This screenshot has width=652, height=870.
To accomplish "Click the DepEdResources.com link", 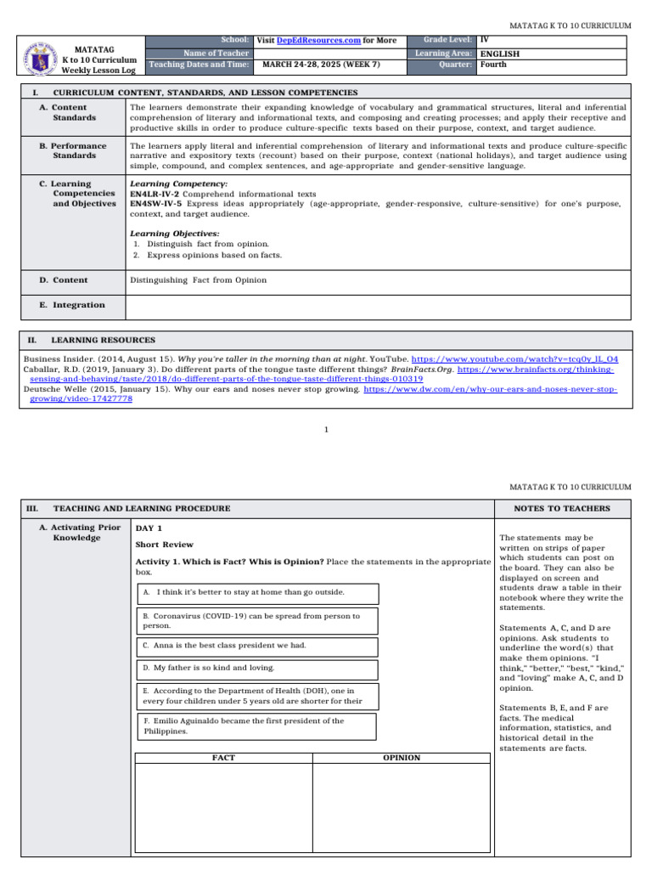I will (313, 41).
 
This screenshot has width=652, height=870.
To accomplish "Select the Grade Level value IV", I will (484, 40).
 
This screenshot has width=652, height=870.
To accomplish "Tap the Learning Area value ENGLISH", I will (499, 54).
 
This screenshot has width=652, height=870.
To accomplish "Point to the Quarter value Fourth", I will (495, 65).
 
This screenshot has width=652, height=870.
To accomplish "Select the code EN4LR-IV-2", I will (155, 194).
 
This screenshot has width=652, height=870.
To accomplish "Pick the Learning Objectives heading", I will (174, 233).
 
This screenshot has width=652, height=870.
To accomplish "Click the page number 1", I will (326, 429).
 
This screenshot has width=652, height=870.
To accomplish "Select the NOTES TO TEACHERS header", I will (562, 508).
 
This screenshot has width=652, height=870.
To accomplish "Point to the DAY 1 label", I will (149, 528).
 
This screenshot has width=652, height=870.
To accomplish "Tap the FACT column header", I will (223, 757).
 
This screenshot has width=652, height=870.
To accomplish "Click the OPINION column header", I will (401, 757).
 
